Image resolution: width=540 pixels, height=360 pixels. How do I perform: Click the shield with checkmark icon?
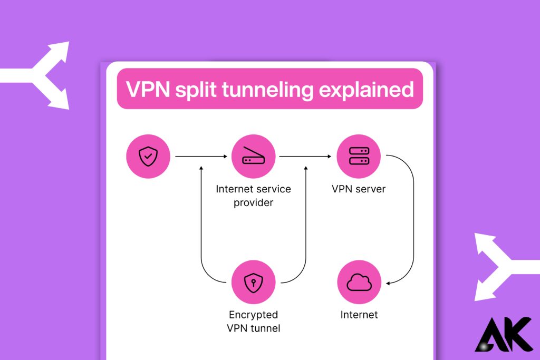(148, 157)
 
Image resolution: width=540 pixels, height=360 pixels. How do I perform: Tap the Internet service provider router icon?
(253, 157)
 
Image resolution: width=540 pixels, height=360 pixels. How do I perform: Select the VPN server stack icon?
(359, 157)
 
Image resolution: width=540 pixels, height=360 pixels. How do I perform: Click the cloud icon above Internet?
(359, 283)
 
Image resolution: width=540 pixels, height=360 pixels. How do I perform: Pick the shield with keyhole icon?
(253, 283)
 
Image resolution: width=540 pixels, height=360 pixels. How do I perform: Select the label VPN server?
(359, 189)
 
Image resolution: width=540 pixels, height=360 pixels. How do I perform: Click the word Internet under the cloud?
(359, 315)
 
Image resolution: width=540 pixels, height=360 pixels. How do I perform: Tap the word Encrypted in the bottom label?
(253, 315)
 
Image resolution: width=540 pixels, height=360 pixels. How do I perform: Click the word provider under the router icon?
(253, 202)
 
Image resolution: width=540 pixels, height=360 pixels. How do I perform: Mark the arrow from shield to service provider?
(200, 157)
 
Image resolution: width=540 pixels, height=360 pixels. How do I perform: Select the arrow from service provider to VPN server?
(305, 157)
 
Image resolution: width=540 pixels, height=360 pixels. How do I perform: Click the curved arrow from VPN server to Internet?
(413, 221)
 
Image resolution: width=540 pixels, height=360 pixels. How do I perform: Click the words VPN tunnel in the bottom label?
(253, 328)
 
